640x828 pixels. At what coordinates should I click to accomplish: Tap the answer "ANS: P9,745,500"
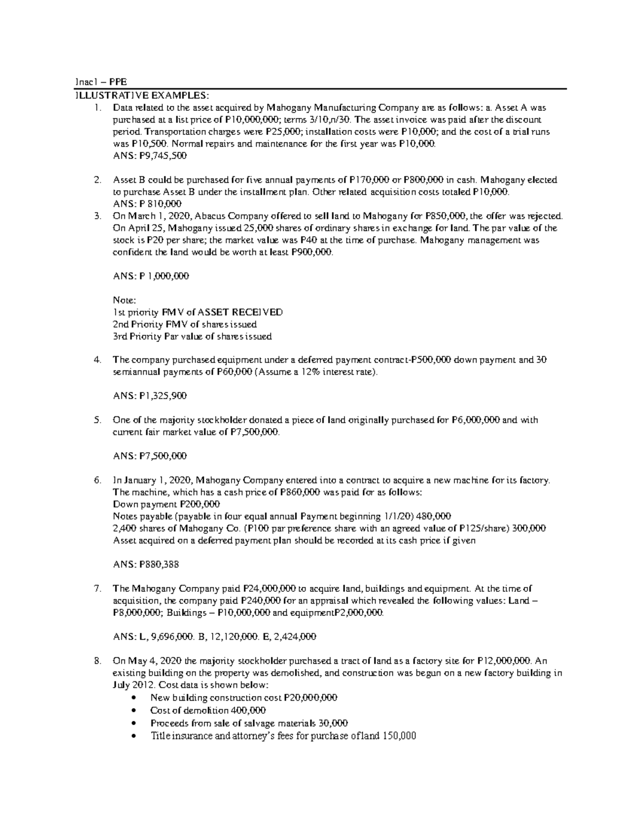point(150,156)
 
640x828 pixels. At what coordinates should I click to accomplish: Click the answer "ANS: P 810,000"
point(147,204)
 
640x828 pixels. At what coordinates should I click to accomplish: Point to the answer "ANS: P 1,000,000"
point(151,276)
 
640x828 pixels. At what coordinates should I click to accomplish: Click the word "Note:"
point(125,300)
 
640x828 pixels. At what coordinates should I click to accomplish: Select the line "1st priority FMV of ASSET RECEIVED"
point(198,312)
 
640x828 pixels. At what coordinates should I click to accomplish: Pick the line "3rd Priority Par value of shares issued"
point(193,336)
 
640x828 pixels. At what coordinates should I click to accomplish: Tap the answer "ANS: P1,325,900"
point(150,396)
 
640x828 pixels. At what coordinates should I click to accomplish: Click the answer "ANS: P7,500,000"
point(150,456)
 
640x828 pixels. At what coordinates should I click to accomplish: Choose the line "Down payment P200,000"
point(166,504)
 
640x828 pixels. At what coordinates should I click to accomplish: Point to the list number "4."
point(97,360)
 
